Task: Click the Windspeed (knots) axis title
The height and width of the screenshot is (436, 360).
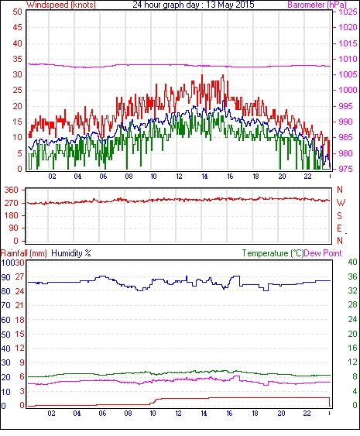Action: tap(61, 5)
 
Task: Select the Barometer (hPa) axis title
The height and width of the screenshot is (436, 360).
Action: tap(317, 5)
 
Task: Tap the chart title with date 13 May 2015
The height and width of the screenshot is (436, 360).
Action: tap(194, 5)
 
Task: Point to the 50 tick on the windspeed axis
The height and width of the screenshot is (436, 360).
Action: tap(17, 12)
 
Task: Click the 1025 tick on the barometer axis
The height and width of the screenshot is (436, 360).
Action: tap(348, 12)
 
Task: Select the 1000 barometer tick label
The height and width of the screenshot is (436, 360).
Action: tap(348, 90)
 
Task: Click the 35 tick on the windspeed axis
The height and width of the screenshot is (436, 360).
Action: tap(17, 59)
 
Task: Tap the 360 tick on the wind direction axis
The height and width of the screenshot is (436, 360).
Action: tap(11, 191)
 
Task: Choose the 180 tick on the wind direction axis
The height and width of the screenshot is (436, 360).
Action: tap(11, 215)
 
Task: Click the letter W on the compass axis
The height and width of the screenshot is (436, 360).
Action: tap(341, 203)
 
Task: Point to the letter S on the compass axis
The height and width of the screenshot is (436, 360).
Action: tap(339, 215)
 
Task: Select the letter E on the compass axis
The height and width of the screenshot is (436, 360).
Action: tap(339, 228)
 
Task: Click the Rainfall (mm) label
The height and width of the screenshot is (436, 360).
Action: tap(24, 253)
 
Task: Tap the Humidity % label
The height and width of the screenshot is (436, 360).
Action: tap(71, 253)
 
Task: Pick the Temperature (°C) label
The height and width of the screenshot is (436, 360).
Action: tap(273, 253)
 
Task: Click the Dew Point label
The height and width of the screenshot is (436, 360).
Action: tap(323, 253)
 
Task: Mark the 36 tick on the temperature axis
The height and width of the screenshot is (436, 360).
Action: tap(352, 276)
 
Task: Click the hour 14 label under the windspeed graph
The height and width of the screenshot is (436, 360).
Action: tap(204, 177)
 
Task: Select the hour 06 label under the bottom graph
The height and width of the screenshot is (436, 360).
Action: tap(102, 414)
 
